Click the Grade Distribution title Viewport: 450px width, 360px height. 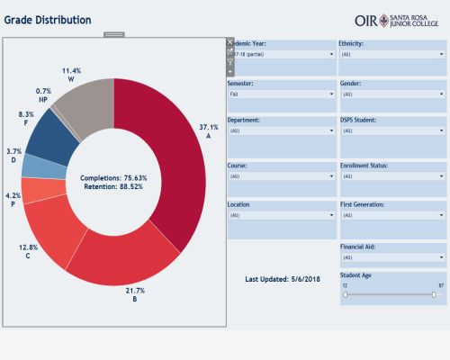point(47,19)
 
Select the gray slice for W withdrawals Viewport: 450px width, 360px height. point(85,103)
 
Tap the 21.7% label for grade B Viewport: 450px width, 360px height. point(135,292)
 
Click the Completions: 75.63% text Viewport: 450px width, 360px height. point(112,178)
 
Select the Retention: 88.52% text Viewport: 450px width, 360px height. point(112,187)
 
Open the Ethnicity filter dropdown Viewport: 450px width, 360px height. point(391,54)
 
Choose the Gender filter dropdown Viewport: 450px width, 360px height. point(391,94)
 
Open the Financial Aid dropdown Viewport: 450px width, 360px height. point(391,256)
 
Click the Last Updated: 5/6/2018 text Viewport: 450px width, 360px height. point(282,279)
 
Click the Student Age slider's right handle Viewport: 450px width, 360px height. point(434,293)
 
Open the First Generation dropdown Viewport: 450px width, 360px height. point(391,216)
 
